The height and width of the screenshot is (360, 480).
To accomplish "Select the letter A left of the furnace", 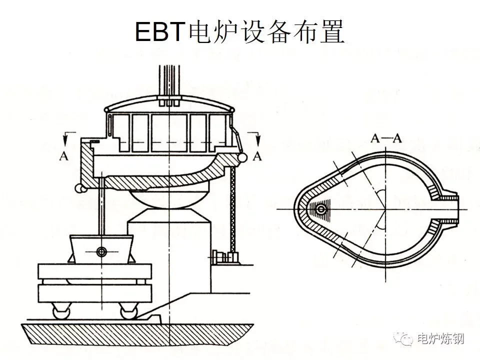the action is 63,156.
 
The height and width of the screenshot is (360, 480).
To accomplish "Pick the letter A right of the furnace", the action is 257,156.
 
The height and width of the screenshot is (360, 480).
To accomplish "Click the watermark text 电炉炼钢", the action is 440,339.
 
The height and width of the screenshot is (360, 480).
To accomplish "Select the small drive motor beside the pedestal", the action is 220,256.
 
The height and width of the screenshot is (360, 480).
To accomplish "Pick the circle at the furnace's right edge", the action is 243,157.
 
